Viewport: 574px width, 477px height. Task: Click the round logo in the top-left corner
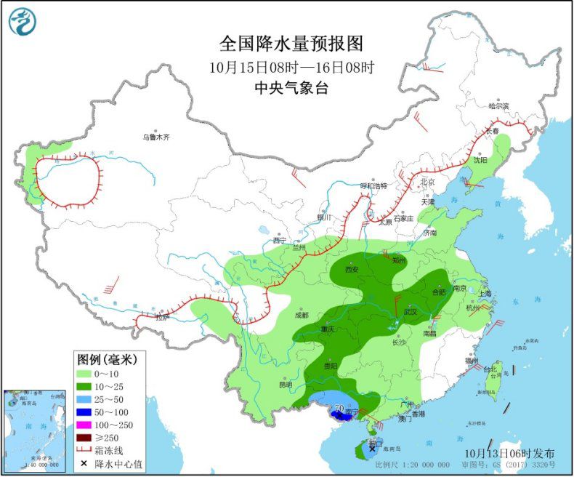(x=22, y=22)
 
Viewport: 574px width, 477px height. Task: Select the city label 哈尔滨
(x=498, y=106)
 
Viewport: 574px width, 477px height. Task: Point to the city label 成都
(x=301, y=315)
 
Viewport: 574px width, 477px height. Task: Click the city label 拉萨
(x=161, y=317)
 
